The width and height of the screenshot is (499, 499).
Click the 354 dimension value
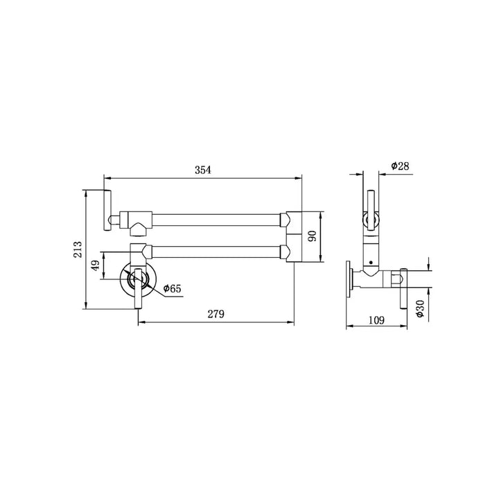coord(202,170)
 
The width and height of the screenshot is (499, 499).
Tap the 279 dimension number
coord(216,314)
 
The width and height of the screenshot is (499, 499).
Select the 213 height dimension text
coord(78,249)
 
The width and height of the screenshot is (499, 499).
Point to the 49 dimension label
coord(95,265)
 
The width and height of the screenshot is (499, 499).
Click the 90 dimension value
coord(313,236)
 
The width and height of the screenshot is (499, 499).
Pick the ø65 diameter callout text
coord(172,288)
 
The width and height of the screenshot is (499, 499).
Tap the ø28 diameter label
coord(400,166)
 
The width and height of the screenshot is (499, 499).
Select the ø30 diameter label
coord(420,308)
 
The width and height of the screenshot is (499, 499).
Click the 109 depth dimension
coord(376,319)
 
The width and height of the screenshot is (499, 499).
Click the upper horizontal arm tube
coord(216,220)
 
